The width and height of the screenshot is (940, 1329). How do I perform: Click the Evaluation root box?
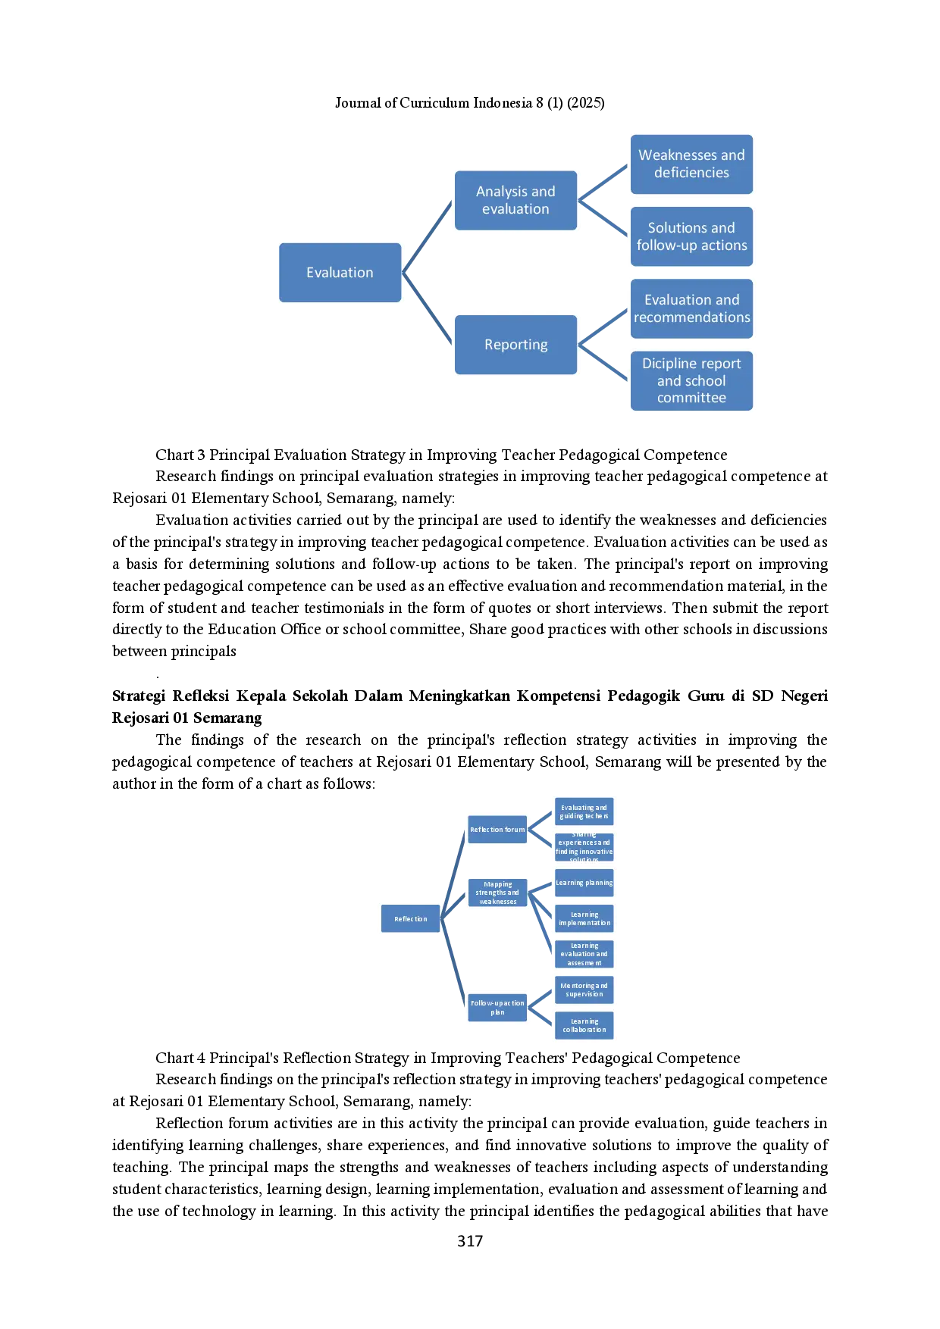[x=340, y=273]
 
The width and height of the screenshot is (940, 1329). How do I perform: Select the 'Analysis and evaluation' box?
[x=515, y=200]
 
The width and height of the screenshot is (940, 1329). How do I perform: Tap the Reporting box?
[x=515, y=345]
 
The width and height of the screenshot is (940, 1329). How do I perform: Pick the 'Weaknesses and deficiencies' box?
[x=691, y=164]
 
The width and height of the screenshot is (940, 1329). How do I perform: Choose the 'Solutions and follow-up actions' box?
[x=691, y=236]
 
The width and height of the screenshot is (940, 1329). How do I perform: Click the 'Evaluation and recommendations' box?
[x=691, y=308]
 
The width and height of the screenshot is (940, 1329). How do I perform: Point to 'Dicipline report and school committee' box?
[x=691, y=380]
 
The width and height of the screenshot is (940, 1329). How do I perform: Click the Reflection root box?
[x=410, y=919]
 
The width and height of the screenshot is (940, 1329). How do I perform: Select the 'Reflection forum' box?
[x=497, y=830]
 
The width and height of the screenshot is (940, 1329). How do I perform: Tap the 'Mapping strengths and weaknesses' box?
[x=497, y=893]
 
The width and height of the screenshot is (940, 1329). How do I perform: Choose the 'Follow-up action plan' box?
[x=497, y=1008]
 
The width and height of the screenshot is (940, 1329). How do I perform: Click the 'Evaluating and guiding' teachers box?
[x=584, y=812]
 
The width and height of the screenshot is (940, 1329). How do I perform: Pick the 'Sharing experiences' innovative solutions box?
[x=584, y=847]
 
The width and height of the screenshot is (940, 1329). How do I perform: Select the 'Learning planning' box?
[x=584, y=883]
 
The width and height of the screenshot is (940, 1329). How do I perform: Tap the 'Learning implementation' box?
[x=584, y=919]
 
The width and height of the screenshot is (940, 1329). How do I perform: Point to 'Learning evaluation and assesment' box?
[x=584, y=955]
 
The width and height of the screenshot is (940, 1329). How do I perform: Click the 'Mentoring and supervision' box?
[x=584, y=990]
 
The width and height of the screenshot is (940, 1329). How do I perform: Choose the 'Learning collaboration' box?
[x=584, y=1026]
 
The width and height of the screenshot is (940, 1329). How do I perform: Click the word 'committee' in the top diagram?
[x=691, y=398]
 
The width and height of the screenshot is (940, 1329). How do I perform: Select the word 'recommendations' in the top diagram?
[x=691, y=317]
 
